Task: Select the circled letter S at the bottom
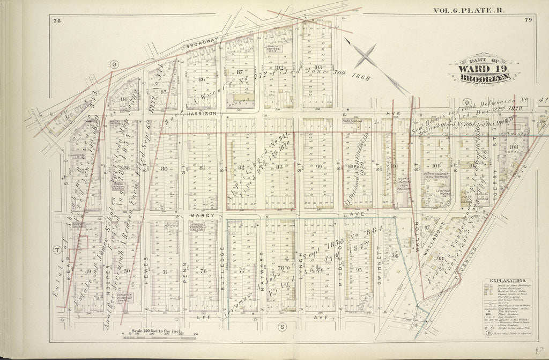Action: coord(281,326)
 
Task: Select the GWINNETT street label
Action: coord(379,261)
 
